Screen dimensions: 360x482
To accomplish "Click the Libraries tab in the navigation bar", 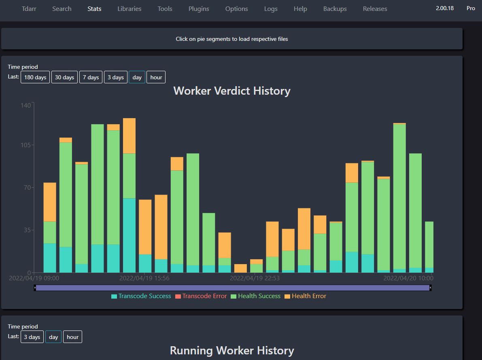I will tap(130, 8).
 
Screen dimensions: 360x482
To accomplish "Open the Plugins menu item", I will tap(199, 8).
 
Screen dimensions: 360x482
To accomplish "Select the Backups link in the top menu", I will tap(335, 8).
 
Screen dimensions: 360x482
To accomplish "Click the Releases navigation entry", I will tap(375, 8).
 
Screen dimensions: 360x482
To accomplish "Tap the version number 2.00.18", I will tap(445, 8).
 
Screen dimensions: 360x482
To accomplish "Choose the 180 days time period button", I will tap(35, 77).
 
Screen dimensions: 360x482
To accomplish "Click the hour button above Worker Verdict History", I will tap(156, 77).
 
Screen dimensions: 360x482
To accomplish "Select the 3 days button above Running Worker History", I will tap(32, 337).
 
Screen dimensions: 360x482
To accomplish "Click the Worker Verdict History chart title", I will tap(232, 91).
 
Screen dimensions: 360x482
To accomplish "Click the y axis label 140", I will tap(25, 105).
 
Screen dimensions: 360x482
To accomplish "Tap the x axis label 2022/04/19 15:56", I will tap(144, 278).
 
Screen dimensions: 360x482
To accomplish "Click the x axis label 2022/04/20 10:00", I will tap(408, 278).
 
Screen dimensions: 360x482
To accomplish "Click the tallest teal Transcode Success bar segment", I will tap(129, 235).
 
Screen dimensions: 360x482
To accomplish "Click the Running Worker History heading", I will tap(232, 350).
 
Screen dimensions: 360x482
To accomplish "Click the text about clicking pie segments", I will tap(232, 39).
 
